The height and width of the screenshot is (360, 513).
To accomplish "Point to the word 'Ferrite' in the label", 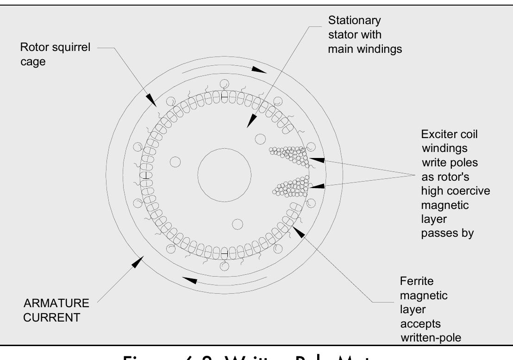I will click(415, 281).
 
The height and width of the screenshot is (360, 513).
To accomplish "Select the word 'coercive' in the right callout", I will click(463, 191).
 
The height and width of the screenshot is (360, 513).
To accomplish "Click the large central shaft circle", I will click(225, 174).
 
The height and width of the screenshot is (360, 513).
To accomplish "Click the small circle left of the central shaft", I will click(175, 162).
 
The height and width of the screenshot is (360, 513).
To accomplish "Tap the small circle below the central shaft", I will click(237, 225).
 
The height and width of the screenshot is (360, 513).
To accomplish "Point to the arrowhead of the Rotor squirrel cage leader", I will click(152, 99).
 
